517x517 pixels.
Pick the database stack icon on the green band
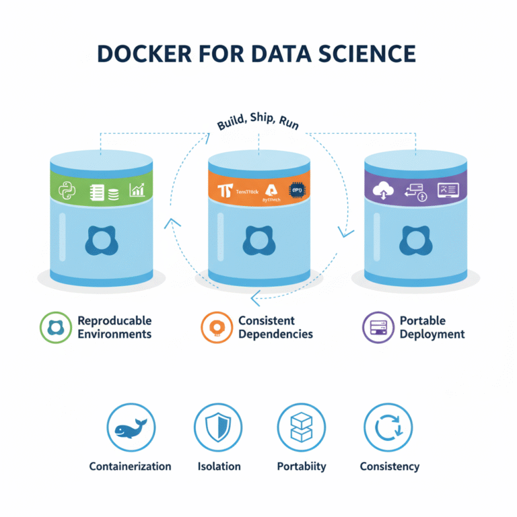click(x=112, y=192)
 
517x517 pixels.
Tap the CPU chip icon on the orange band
click(x=296, y=190)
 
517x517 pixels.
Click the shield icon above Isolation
click(x=218, y=429)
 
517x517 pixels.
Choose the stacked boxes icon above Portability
click(x=301, y=429)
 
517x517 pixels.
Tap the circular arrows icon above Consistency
click(x=388, y=429)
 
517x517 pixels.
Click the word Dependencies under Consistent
click(x=275, y=334)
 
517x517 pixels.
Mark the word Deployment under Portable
click(x=432, y=334)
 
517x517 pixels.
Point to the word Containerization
click(x=131, y=466)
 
